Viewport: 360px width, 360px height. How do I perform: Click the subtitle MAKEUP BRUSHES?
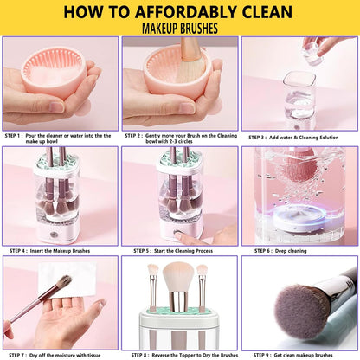[180, 29]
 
